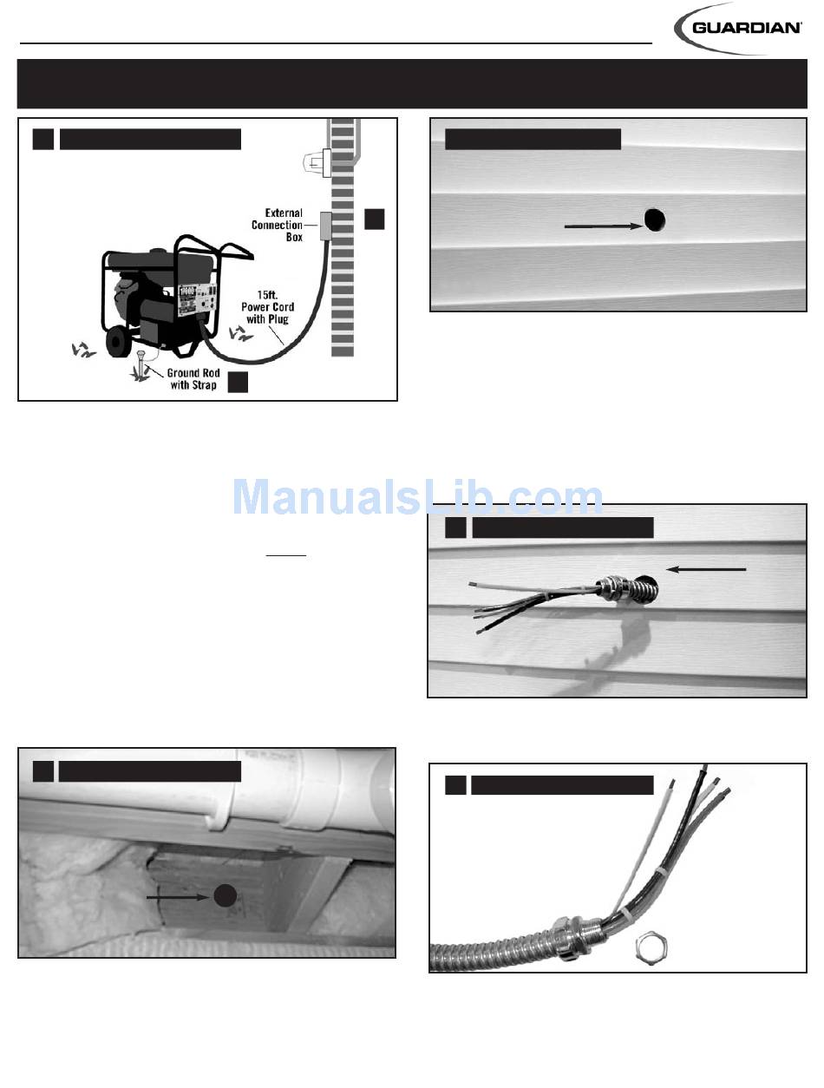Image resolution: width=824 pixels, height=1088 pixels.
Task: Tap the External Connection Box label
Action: tap(277, 225)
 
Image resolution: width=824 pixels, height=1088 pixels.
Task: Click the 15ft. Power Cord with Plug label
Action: tap(267, 307)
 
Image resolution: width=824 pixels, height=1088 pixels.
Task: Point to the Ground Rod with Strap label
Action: tap(193, 378)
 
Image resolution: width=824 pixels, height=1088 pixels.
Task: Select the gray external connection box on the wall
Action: tap(325, 226)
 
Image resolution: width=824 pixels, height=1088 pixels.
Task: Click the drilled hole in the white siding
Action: tap(655, 220)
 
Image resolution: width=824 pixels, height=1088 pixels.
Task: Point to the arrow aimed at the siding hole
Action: tap(604, 226)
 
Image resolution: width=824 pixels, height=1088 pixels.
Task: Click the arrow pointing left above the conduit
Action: tap(706, 569)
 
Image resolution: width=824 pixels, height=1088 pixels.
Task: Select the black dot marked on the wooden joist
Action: tap(225, 895)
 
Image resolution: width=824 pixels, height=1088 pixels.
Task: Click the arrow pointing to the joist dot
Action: tap(179, 897)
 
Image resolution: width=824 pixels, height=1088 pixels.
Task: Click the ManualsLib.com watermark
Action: tap(417, 496)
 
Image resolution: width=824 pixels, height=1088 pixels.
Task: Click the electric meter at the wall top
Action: tap(317, 161)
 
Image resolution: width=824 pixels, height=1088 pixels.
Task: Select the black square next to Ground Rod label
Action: tap(238, 382)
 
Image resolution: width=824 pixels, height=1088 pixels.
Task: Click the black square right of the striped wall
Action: tap(375, 220)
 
